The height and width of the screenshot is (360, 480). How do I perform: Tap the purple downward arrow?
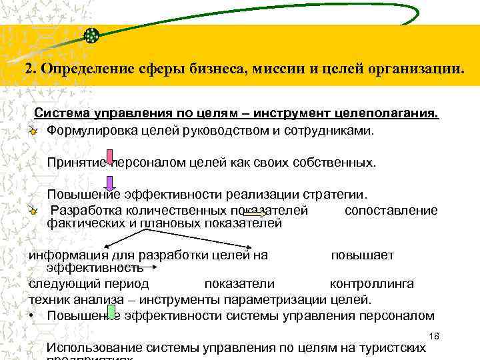(x=110, y=181)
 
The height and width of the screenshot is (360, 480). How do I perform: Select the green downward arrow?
(x=111, y=312)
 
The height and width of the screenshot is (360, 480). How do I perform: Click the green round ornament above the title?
(x=91, y=35)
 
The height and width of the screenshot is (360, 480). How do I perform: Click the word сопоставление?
(x=391, y=210)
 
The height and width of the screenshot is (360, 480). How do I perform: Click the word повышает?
(x=363, y=255)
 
